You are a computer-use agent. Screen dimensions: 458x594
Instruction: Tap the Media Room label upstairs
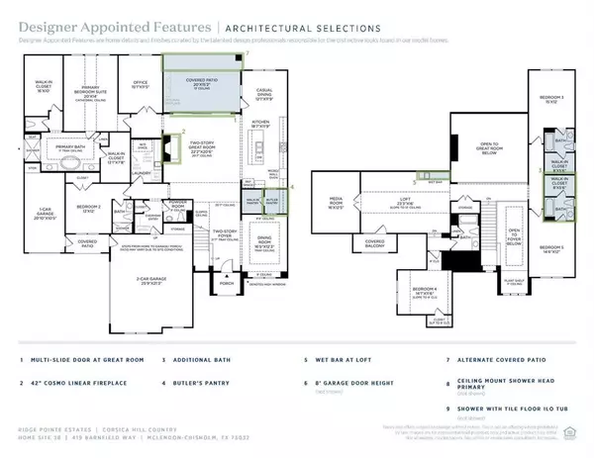click(x=337, y=207)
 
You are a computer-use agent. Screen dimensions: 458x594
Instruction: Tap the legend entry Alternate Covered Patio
click(x=495, y=363)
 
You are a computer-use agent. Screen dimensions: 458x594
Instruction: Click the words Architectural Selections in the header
click(x=288, y=28)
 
